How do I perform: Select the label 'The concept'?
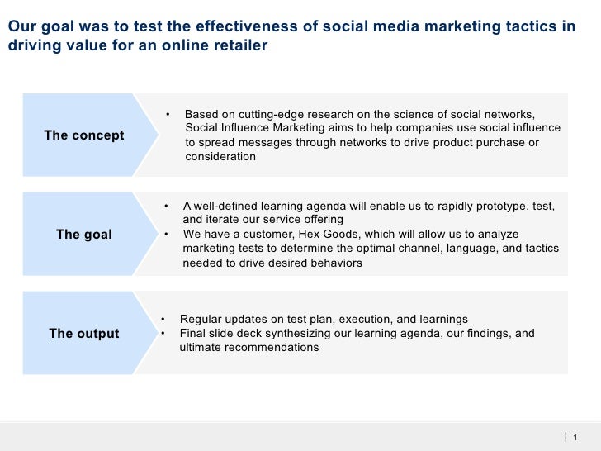click(x=84, y=135)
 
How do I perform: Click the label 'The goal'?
click(x=84, y=235)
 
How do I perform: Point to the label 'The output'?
click(x=84, y=334)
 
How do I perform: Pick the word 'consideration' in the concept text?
click(x=220, y=156)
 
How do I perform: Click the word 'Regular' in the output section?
click(x=201, y=319)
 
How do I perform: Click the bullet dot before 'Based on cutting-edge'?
click(x=168, y=114)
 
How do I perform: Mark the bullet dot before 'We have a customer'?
click(x=166, y=234)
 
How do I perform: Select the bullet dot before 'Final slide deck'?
click(x=163, y=334)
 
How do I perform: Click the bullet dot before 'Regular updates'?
click(x=163, y=319)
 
